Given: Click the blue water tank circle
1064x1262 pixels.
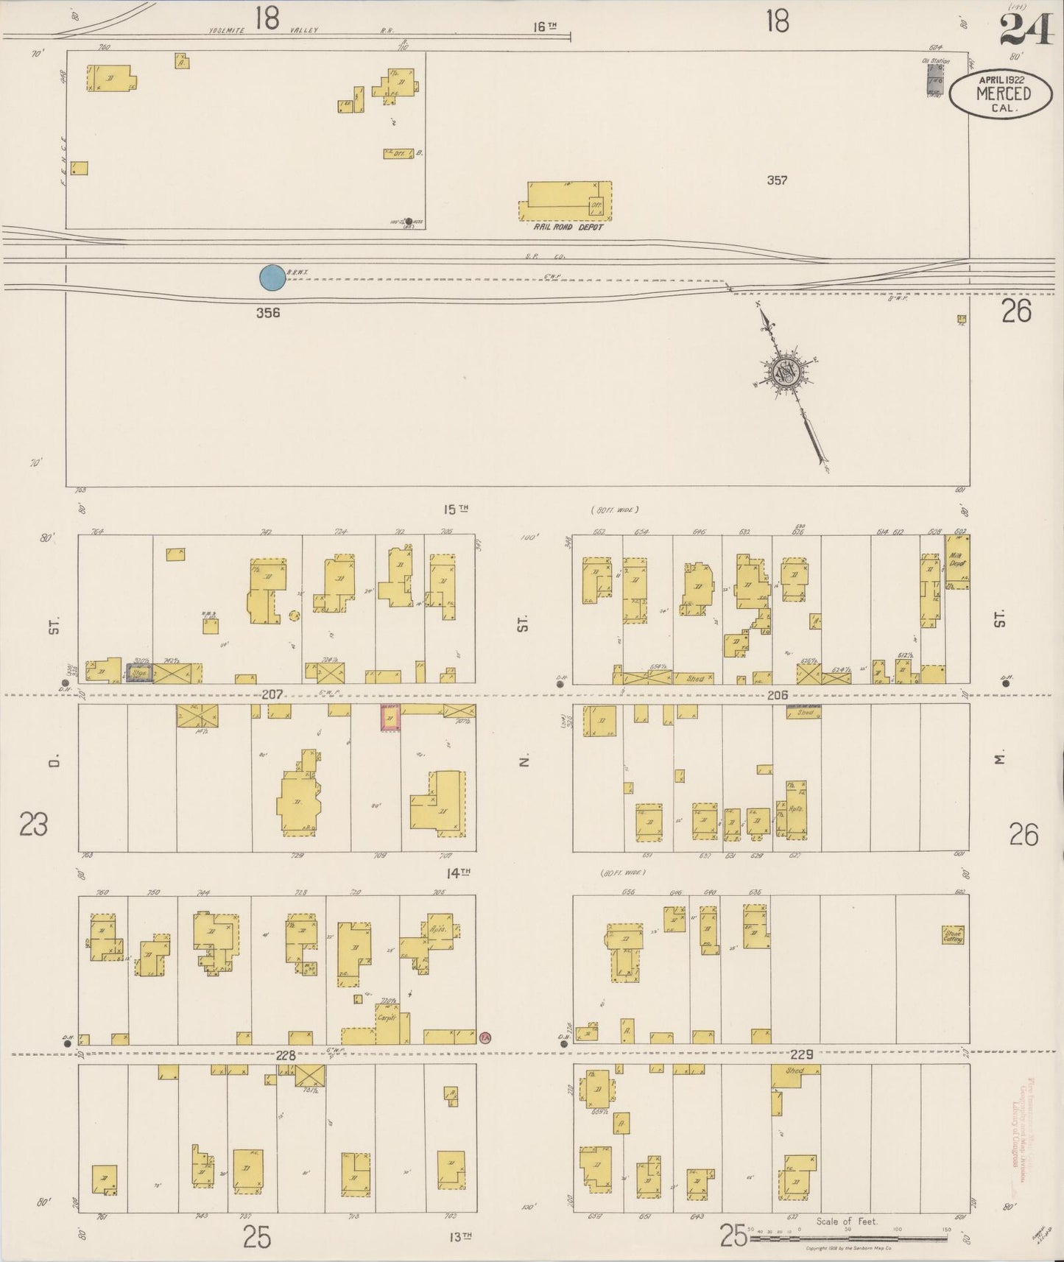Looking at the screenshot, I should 272,278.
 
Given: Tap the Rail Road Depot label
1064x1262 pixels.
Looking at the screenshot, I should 568,228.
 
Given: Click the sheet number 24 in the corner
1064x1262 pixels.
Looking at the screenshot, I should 1025,30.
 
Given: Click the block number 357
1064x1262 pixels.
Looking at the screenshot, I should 777,180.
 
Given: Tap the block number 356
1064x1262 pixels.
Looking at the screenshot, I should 268,312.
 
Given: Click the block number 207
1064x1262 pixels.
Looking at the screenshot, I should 272,694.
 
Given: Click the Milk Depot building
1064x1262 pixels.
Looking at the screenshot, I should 957,562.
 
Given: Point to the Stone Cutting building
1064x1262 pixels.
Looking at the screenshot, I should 954,935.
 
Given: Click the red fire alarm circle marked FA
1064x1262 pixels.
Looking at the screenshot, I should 485,1037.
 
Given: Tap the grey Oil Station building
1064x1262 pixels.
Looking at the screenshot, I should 935,79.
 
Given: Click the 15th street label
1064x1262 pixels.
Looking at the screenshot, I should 457,509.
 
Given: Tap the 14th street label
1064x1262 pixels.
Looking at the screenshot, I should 458,873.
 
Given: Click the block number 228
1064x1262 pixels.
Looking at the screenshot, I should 286,1054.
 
